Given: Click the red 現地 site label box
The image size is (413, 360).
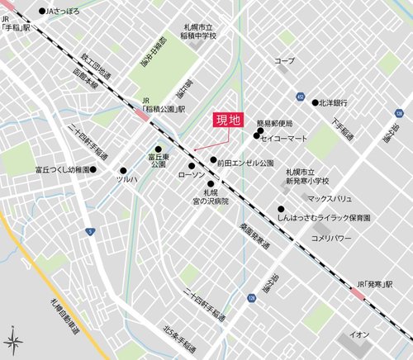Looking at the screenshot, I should point(227,120).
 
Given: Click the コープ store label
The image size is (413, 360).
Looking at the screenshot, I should point(284,61).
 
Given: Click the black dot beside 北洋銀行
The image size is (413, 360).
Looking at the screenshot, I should point(316,102).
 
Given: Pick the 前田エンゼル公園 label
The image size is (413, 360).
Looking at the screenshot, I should point(245,163).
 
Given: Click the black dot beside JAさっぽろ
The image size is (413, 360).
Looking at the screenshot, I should point(42,12).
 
